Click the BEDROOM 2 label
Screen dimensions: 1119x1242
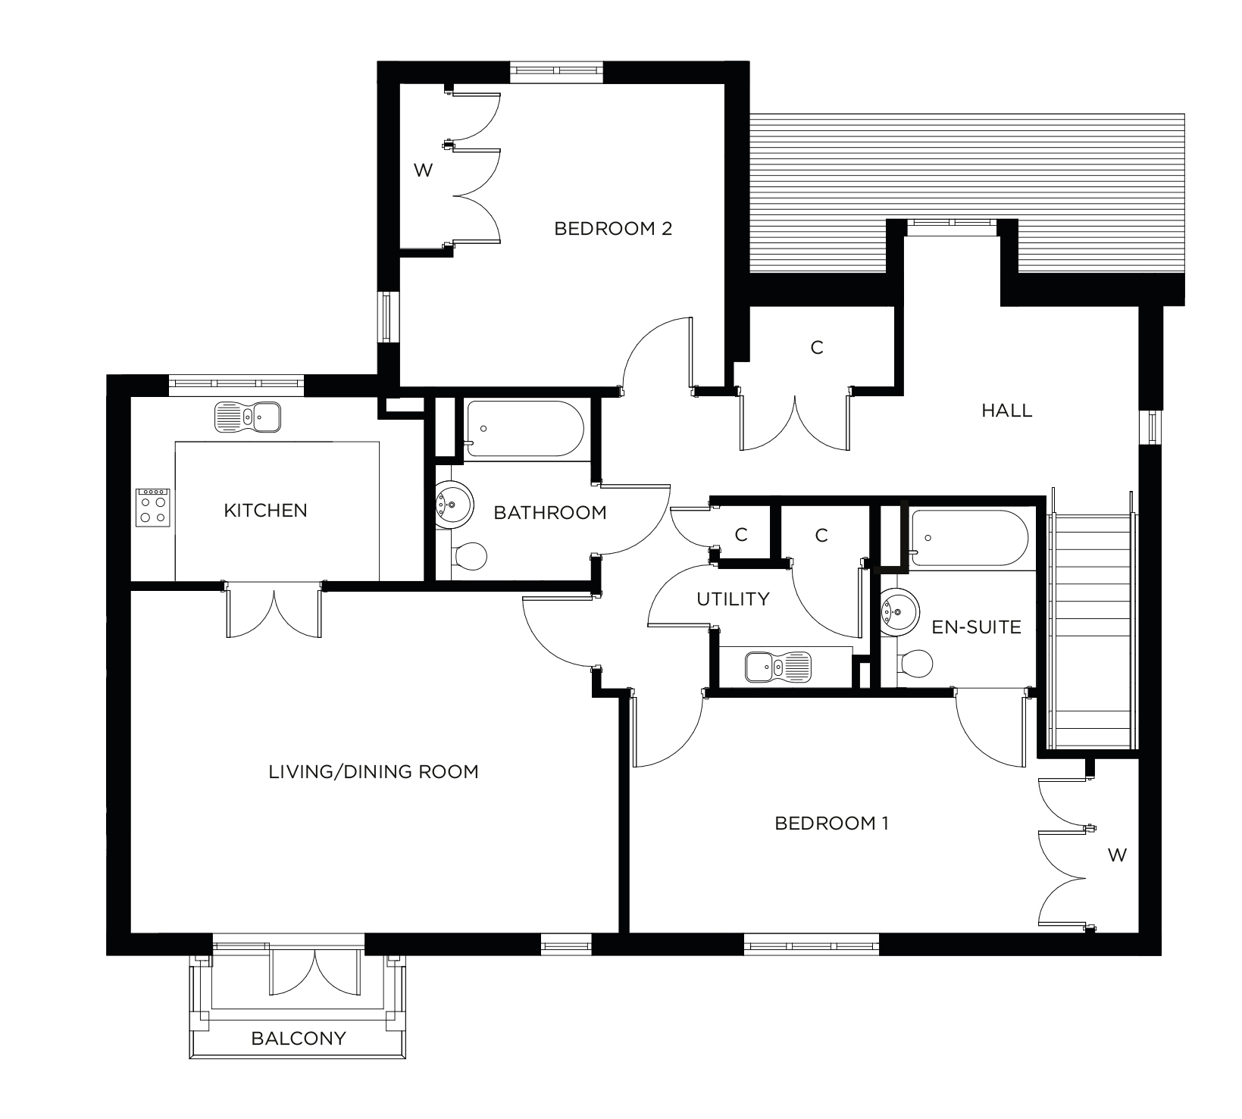coord(613,229)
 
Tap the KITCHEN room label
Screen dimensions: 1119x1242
coord(265,511)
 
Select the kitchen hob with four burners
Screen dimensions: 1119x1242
coord(153,507)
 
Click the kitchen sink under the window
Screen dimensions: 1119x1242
coord(248,417)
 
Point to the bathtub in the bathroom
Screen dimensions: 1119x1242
coord(524,429)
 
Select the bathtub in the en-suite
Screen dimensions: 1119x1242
coord(969,538)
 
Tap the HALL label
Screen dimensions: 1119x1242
coord(1006,411)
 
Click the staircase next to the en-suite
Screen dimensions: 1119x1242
coord(1091,629)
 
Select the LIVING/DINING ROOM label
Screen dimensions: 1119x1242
coord(374,772)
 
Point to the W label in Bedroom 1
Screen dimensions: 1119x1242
coord(1117,855)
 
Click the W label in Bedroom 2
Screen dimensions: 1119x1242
coord(423,170)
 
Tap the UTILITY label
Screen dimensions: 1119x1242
coord(733,599)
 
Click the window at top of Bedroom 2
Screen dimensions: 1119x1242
coord(557,71)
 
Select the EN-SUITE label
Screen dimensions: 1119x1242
coord(976,627)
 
